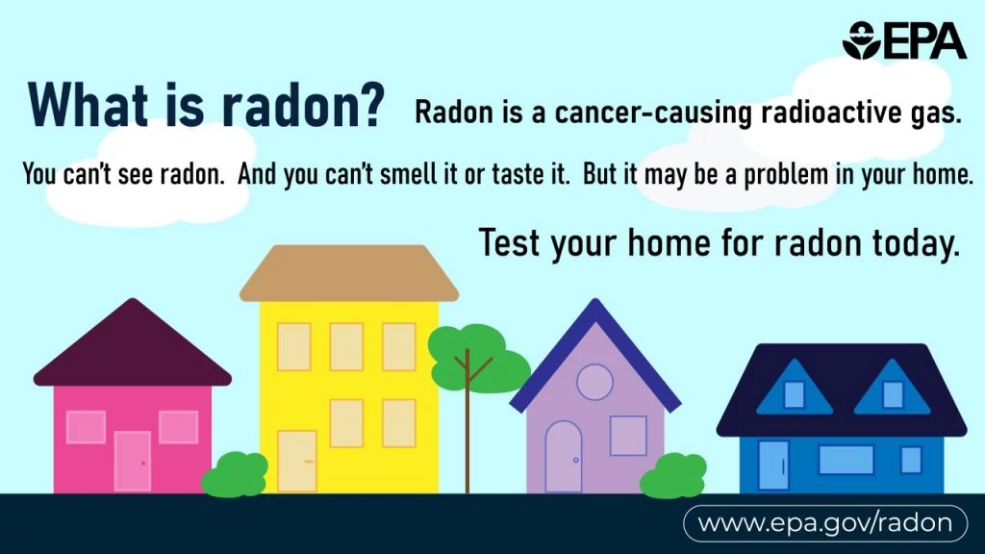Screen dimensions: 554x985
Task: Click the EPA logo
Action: click(903, 40)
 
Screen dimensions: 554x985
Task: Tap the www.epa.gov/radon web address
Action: click(825, 523)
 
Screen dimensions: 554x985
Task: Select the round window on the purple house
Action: click(594, 382)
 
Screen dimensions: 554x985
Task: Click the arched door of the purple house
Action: click(563, 458)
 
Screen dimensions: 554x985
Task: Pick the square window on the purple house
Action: click(628, 435)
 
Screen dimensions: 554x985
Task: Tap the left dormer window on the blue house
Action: click(794, 394)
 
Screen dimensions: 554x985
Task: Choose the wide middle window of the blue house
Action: click(846, 460)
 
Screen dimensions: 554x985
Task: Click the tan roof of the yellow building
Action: click(348, 273)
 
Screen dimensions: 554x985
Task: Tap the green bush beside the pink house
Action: click(236, 475)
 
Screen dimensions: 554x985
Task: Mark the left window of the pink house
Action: click(86, 427)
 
